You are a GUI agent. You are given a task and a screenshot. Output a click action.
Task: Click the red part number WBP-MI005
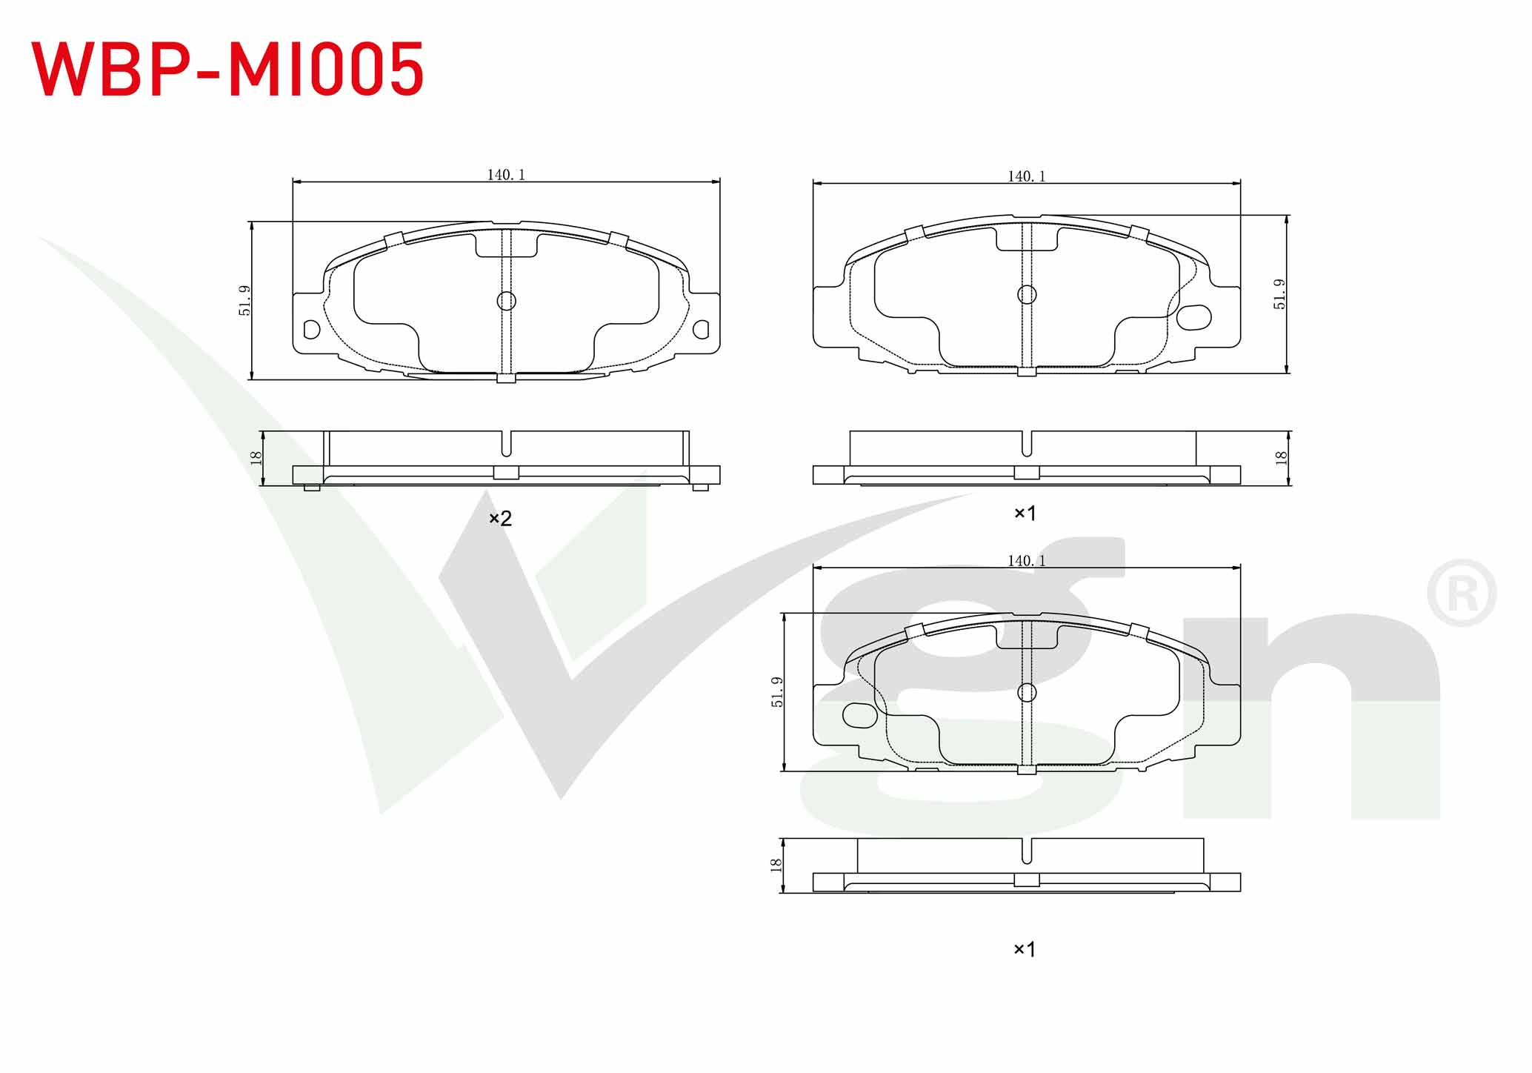point(227,69)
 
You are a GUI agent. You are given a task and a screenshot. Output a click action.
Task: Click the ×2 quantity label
point(501,519)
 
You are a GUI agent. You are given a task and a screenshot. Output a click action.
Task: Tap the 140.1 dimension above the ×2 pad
point(506,175)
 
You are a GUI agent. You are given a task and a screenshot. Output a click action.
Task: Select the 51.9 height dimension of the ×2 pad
point(244,301)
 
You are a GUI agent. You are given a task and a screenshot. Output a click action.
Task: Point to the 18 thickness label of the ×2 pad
point(256,458)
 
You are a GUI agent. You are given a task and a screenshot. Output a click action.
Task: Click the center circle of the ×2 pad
point(506,301)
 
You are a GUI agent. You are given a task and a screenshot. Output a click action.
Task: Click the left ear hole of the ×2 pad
point(312,329)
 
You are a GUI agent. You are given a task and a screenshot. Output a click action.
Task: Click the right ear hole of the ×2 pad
point(700,329)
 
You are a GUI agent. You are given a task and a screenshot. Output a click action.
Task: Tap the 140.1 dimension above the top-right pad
point(1027,176)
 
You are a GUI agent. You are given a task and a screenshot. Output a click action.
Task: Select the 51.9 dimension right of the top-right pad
point(1279,294)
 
